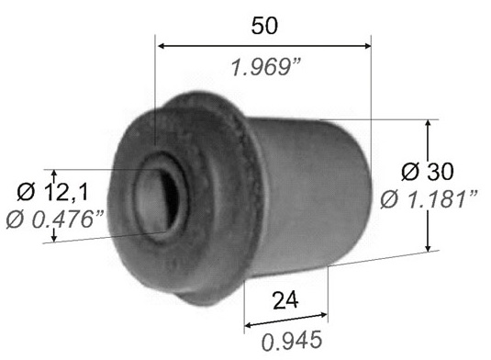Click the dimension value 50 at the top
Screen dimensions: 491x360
click(x=264, y=26)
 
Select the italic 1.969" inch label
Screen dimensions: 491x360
click(x=266, y=67)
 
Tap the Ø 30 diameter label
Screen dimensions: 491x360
click(x=427, y=172)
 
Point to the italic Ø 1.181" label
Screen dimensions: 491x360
click(x=429, y=199)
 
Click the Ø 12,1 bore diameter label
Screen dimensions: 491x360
click(x=52, y=192)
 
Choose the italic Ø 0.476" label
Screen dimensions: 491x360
click(x=55, y=219)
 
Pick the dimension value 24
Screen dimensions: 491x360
click(x=285, y=300)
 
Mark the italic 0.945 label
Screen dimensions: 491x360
click(x=292, y=341)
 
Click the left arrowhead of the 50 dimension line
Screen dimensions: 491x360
click(x=162, y=46)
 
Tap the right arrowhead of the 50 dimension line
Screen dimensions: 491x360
click(x=367, y=46)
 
